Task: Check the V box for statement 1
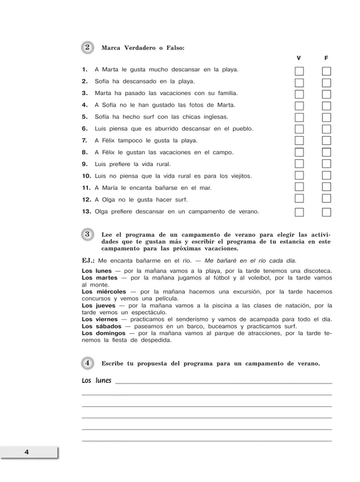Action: point(300,71)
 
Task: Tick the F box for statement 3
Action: point(327,94)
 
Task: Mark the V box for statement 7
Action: point(300,141)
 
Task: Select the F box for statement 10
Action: point(327,176)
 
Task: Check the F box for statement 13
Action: point(327,212)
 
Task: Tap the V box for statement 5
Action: point(300,117)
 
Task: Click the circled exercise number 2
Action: point(88,48)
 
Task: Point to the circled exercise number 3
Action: point(88,234)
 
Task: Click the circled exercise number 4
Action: point(88,363)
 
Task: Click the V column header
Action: point(299,58)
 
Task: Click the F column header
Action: point(326,58)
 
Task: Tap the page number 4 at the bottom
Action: point(26,452)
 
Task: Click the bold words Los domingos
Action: point(104,334)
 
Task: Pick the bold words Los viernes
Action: point(100,319)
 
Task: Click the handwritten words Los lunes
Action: point(96,381)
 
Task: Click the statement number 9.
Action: point(85,164)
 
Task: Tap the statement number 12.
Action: point(86,200)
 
